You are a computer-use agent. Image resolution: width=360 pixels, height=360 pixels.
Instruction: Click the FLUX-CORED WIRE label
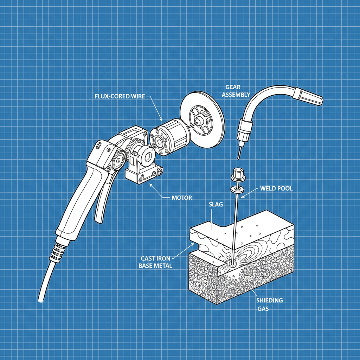point(120,96)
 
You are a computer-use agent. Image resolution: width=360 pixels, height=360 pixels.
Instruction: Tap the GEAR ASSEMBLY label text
point(238,90)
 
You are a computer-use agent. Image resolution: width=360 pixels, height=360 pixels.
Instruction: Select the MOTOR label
point(182,198)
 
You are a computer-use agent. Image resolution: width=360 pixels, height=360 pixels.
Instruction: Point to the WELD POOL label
point(276,188)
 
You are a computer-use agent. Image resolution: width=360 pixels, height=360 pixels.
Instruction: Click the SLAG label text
point(216,204)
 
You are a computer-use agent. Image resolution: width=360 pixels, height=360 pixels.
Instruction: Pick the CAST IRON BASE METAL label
point(155,262)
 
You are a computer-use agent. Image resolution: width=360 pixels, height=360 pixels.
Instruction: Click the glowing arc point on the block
point(232,263)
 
